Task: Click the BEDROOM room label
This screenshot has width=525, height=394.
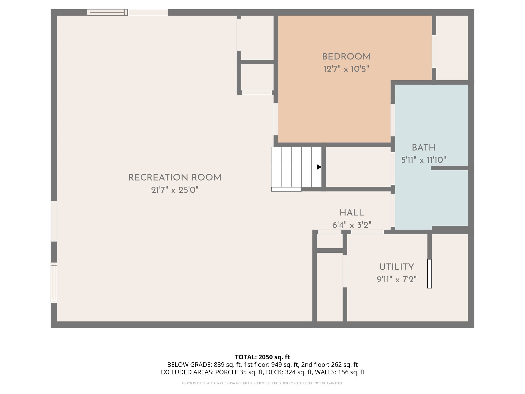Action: [346, 57]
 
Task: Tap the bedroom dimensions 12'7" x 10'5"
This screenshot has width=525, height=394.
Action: [346, 69]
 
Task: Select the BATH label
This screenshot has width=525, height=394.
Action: [423, 147]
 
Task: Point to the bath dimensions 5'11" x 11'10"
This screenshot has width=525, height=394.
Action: [423, 160]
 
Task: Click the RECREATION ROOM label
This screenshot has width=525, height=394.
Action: [175, 178]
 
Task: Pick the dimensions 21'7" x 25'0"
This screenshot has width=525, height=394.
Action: [175, 190]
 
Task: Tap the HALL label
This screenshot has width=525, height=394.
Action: [352, 213]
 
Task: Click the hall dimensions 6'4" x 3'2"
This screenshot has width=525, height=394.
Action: [352, 225]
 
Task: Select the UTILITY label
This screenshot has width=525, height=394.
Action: [397, 267]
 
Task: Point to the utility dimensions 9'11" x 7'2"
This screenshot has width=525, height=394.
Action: [397, 279]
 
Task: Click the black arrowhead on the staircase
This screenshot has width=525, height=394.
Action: [319, 167]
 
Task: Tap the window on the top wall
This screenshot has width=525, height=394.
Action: [107, 12]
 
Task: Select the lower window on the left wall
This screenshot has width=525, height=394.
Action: [54, 282]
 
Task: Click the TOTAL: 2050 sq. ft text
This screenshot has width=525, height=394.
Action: [262, 357]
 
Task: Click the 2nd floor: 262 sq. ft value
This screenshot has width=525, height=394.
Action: [329, 365]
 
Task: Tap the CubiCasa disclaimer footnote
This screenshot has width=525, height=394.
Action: [262, 383]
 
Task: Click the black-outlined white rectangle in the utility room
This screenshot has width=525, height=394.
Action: [430, 274]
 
